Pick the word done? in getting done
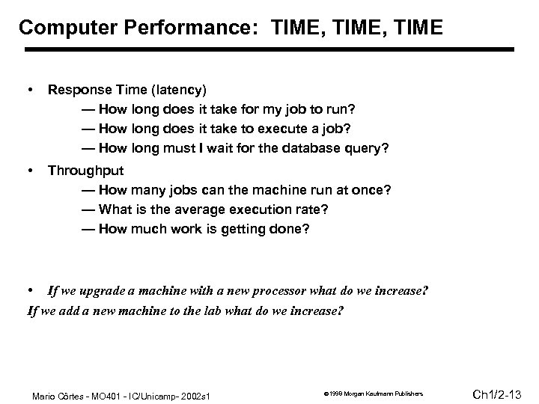click(290, 228)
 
